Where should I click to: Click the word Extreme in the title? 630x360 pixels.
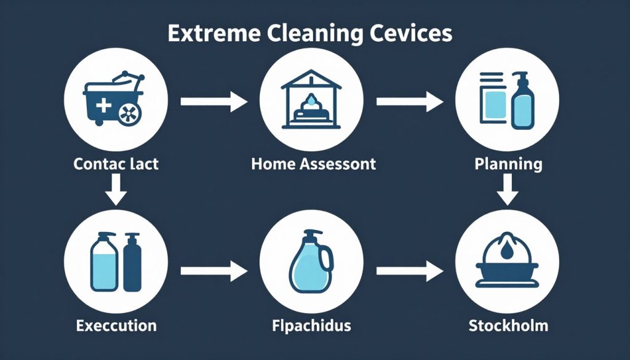pos(215,33)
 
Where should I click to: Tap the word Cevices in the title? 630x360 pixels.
pos(411,33)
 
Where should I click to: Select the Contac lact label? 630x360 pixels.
pos(116,164)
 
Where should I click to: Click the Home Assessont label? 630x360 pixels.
pos(313,164)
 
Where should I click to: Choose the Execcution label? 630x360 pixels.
pos(116,326)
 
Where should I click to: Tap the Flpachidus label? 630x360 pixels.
pos(311,326)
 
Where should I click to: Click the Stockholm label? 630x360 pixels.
pos(508,326)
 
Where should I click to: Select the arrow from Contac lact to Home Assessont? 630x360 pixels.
pos(213,102)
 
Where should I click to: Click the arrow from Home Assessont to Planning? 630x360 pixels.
pos(410,102)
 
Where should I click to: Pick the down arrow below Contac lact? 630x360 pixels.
pos(116,190)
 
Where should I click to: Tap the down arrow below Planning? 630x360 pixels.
pos(508,190)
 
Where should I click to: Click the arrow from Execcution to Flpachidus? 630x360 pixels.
pos(213,271)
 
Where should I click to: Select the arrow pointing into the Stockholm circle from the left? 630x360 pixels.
pos(410,271)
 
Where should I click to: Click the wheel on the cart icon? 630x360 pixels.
pos(130,114)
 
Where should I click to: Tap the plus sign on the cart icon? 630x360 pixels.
pos(103,106)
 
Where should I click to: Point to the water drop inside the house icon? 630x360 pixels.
pos(311,100)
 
